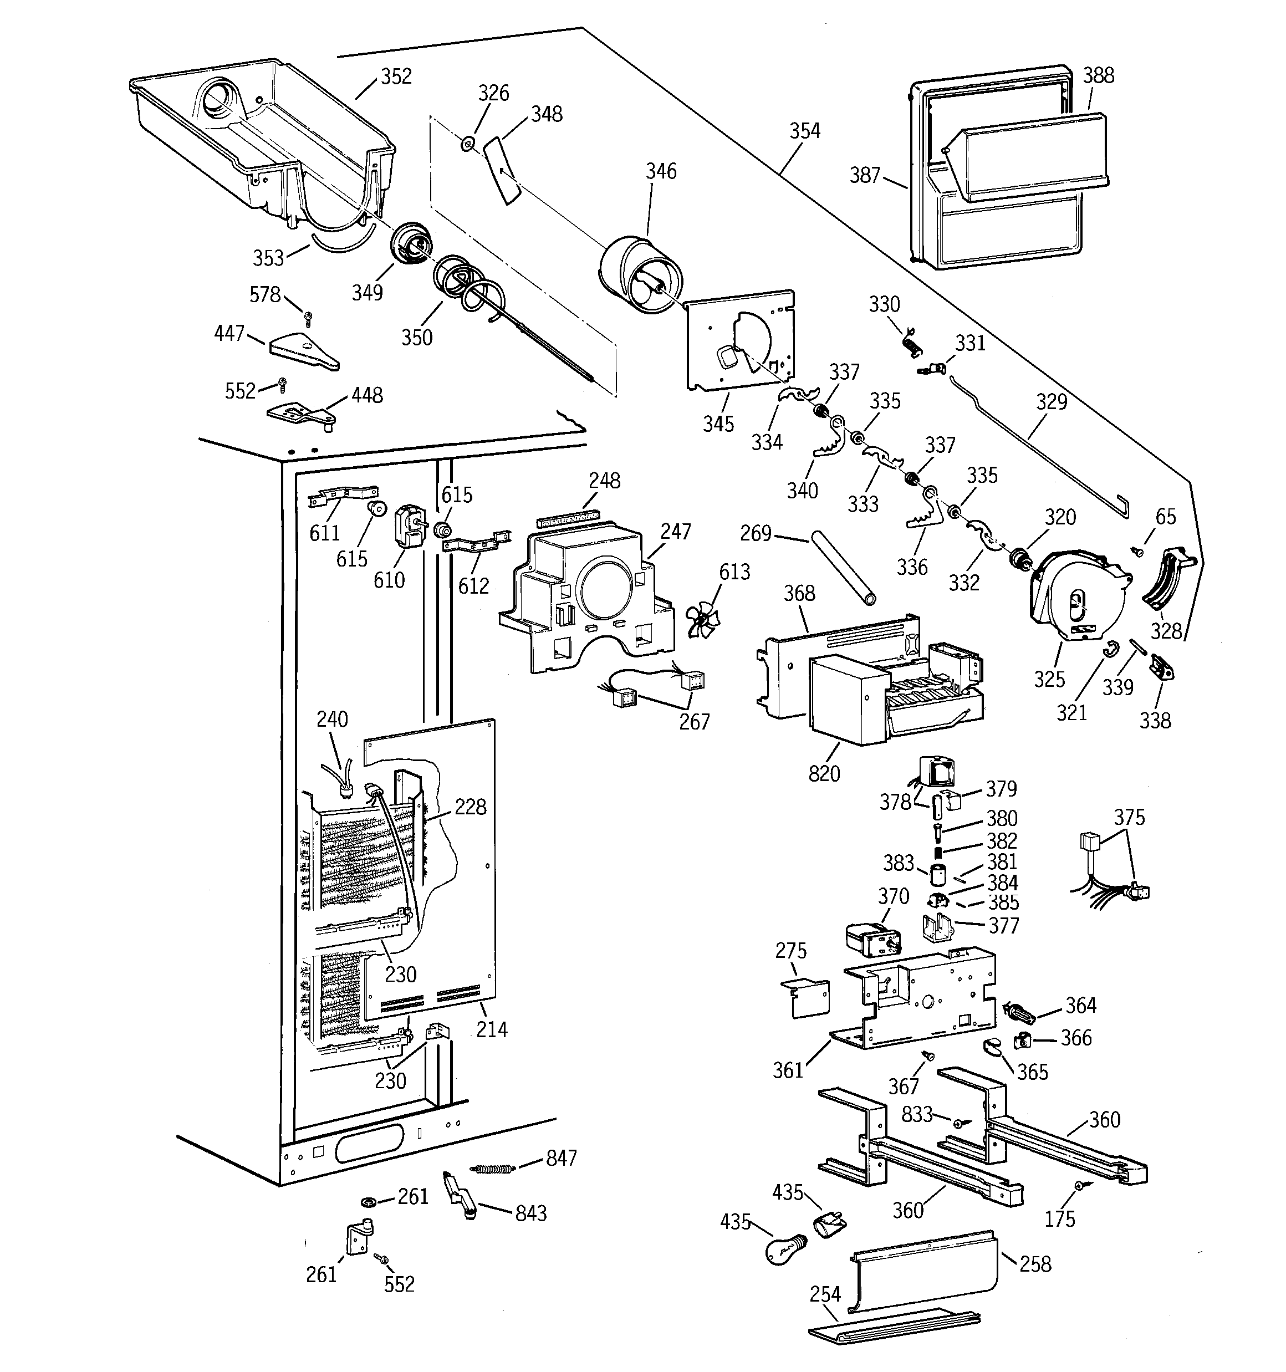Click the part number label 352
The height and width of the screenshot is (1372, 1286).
(396, 76)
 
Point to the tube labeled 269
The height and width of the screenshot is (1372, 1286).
(843, 567)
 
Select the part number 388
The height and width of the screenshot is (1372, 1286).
(1098, 75)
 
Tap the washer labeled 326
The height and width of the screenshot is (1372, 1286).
(467, 144)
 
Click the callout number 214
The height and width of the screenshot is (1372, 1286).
(492, 1029)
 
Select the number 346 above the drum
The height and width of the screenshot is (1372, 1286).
(661, 171)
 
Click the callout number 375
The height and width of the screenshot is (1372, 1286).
(1129, 817)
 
